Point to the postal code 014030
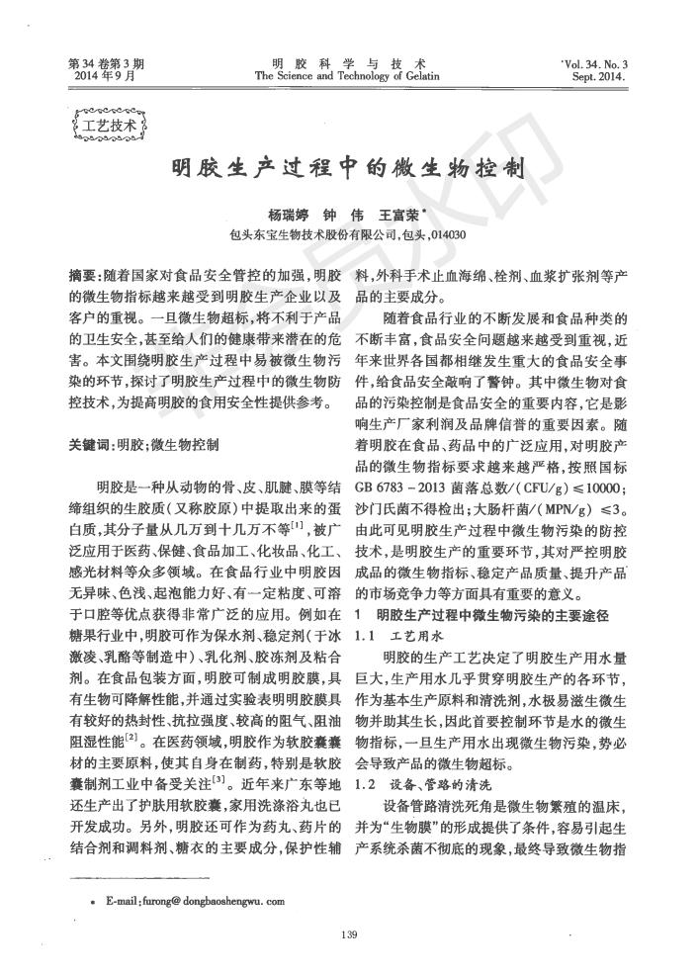pyautogui.click(x=446, y=235)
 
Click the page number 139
pyautogui.click(x=348, y=936)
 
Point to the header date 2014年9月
pyautogui.click(x=97, y=76)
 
